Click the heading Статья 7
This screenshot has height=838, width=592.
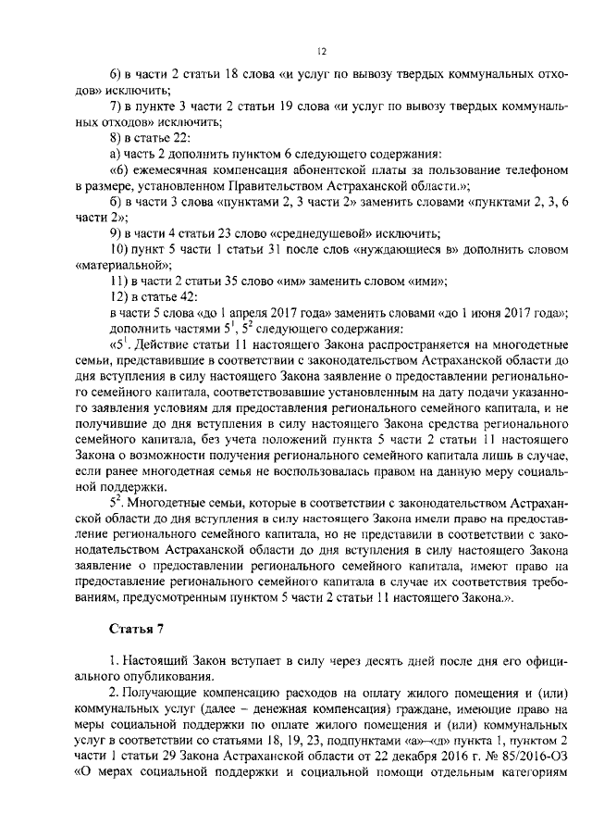click(x=135, y=631)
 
